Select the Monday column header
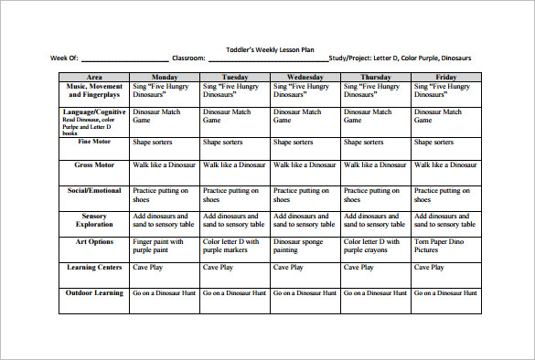(x=165, y=78)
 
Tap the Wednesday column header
(x=305, y=78)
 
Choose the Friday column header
(x=445, y=78)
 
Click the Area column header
(x=94, y=78)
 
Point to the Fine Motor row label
(x=95, y=142)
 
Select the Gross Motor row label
(x=95, y=164)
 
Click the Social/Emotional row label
(x=95, y=190)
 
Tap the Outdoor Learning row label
(x=95, y=292)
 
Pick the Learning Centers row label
(x=95, y=267)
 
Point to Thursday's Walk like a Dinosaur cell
(x=375, y=164)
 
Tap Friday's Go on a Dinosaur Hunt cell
(x=445, y=292)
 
